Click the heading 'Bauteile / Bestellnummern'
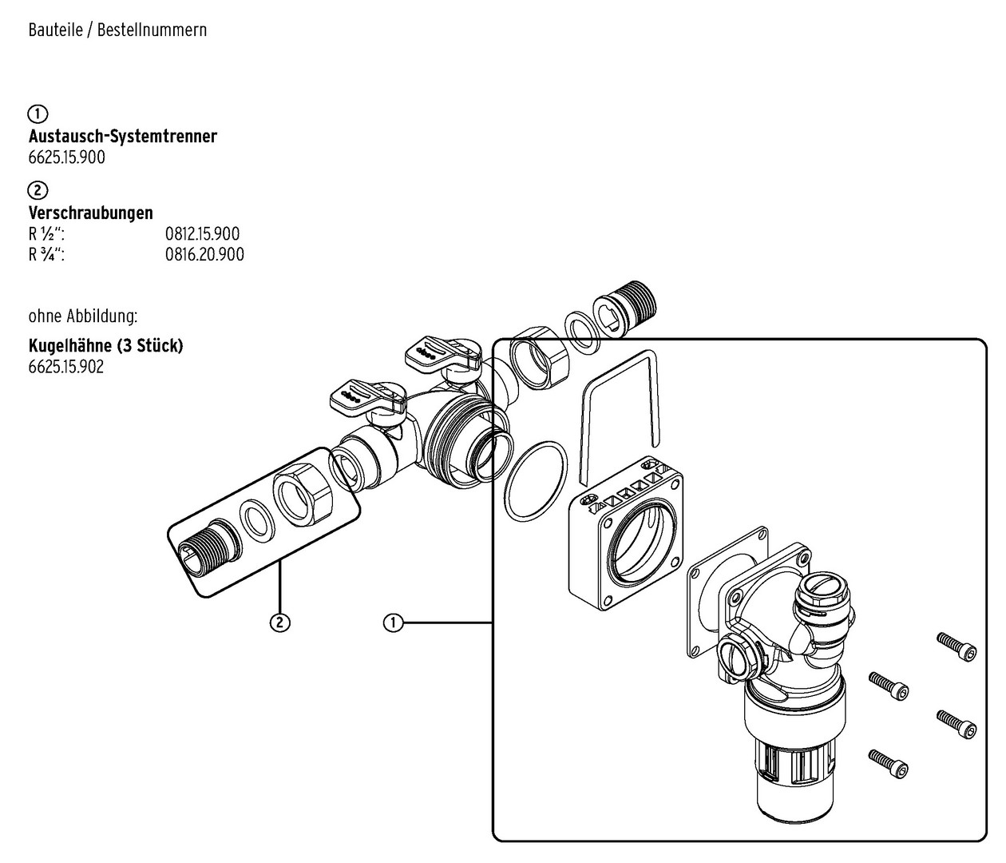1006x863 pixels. (118, 30)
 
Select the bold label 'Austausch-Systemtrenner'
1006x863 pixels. (123, 136)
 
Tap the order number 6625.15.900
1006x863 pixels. (67, 157)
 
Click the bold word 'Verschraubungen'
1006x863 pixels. (90, 213)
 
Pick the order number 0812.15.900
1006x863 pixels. (203, 234)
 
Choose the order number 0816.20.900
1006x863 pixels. (204, 254)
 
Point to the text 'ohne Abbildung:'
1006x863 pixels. (83, 316)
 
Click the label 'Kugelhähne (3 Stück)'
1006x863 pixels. (105, 346)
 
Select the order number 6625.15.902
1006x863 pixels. (66, 367)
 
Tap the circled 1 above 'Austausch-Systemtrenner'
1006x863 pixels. (38, 114)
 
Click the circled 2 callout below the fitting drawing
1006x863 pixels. (280, 622)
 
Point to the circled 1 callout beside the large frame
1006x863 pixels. (394, 622)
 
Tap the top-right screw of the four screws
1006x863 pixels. (956, 647)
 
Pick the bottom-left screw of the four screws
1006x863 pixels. (888, 764)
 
